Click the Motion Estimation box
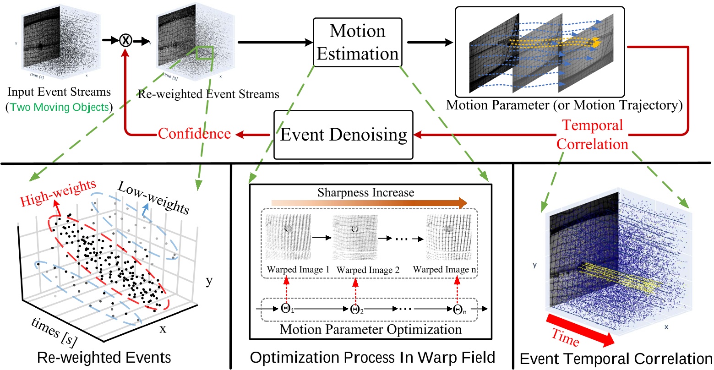click(357, 43)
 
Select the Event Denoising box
click(343, 135)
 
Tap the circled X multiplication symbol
click(125, 40)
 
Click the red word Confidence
click(194, 134)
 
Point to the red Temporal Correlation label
click(592, 134)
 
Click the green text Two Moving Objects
click(60, 108)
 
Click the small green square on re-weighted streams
click(204, 53)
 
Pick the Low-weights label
click(153, 197)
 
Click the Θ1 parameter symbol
click(286, 309)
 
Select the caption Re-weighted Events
click(104, 358)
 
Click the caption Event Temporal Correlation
click(616, 359)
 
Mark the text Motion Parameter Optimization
click(371, 329)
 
